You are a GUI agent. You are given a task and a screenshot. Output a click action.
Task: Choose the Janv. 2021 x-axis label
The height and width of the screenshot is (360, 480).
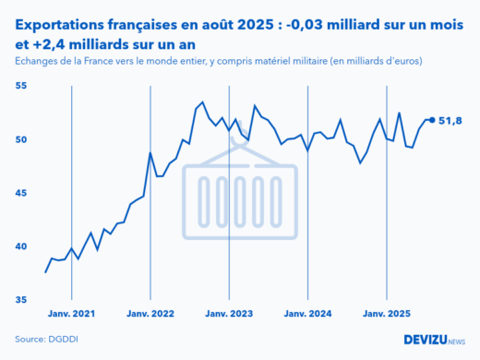tap(71, 314)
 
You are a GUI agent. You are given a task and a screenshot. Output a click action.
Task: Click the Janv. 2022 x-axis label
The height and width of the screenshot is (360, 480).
tap(150, 314)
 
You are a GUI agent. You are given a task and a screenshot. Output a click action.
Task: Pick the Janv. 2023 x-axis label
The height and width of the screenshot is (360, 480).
tap(228, 314)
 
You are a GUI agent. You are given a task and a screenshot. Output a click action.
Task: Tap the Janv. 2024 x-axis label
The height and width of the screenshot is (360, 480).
tap(307, 314)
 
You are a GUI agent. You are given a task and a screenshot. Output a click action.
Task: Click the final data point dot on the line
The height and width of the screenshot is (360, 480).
tap(432, 120)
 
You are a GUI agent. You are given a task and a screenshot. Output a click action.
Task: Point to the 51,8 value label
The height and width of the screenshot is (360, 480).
tap(450, 120)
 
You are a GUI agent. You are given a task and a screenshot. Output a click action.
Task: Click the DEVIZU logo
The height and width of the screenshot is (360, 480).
tap(434, 340)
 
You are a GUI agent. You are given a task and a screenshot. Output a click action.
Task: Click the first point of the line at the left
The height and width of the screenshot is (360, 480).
tap(45, 271)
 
